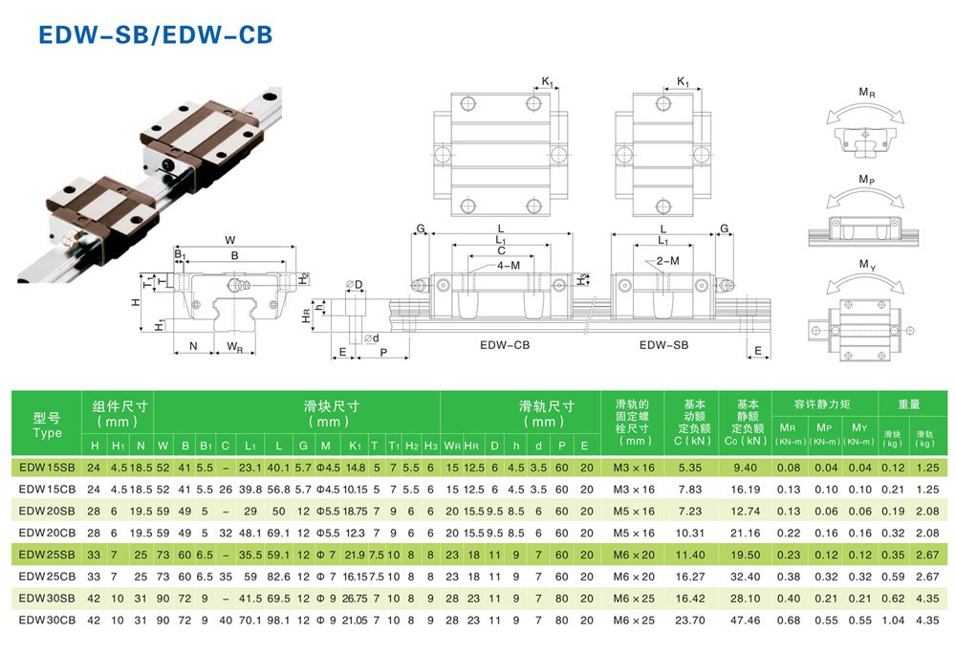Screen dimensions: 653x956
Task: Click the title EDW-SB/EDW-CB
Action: pyautogui.click(x=155, y=34)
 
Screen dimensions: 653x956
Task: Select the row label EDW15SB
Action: pyautogui.click(x=47, y=468)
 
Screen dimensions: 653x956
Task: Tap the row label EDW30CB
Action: pyautogui.click(x=47, y=620)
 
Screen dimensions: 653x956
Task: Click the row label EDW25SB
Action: pyautogui.click(x=47, y=555)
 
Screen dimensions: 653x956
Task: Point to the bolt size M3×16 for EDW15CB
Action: pyautogui.click(x=634, y=490)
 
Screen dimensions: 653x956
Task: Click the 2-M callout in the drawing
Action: pyautogui.click(x=668, y=261)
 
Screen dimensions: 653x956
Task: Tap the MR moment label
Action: pyautogui.click(x=866, y=93)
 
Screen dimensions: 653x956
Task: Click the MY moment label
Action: pyautogui.click(x=866, y=264)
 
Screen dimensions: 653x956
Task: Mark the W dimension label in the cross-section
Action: pyautogui.click(x=230, y=239)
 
